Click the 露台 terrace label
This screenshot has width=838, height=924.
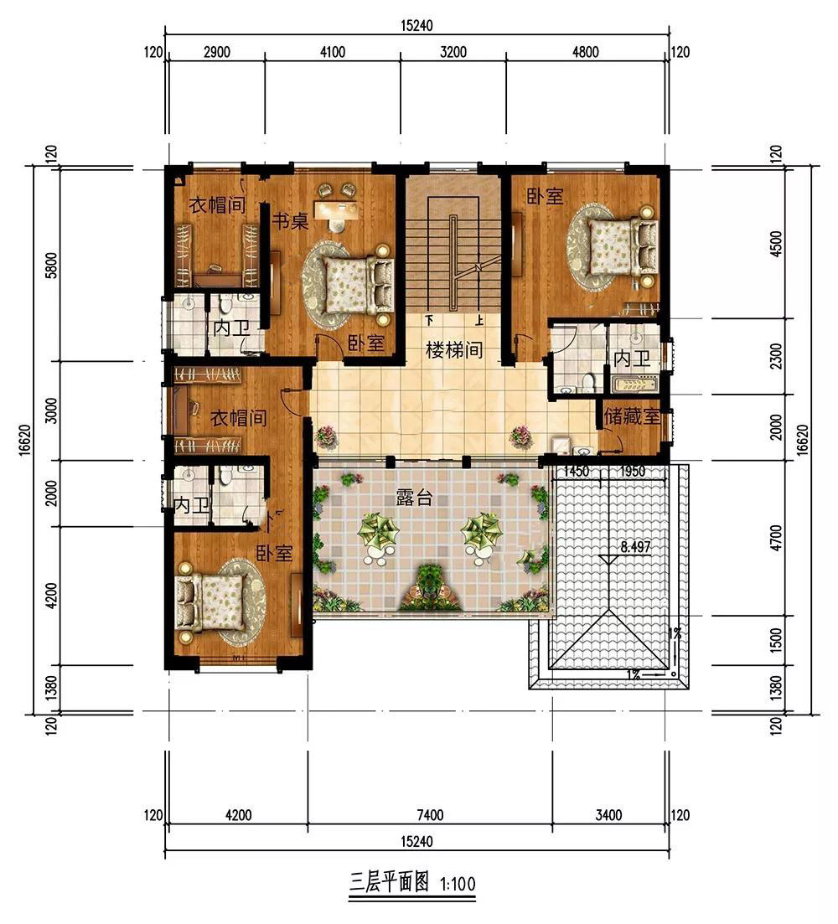pos(414,498)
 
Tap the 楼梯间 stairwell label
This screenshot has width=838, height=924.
pos(453,350)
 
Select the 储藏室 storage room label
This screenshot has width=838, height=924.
pos(632,416)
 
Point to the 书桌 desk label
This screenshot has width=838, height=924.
pos(290,221)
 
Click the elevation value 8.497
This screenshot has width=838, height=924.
pos(635,547)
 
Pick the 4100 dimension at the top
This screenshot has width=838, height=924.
pos(333,52)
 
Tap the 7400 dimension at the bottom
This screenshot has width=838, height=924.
pos(430,815)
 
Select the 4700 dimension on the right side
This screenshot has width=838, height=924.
pos(776,538)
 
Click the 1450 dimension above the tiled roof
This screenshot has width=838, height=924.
pos(577,471)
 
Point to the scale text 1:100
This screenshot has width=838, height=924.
pos(458,883)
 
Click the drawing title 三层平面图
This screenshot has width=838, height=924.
pos(388,882)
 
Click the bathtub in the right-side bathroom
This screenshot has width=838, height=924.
pos(635,385)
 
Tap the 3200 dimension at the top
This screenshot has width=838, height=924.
pos(453,52)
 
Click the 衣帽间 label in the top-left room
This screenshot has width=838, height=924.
pos(217,205)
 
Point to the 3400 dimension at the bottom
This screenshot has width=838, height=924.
pos(608,815)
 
